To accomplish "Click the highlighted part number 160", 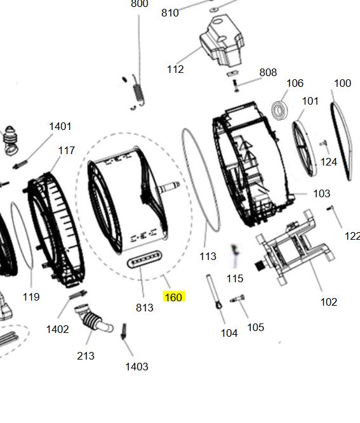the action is click(173, 297).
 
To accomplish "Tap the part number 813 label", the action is click(145, 308).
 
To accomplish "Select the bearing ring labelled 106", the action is click(279, 110).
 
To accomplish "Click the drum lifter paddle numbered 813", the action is click(144, 259).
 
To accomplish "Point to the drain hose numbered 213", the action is click(93, 320).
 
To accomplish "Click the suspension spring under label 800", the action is click(138, 92).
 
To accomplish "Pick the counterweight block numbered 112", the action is click(222, 41).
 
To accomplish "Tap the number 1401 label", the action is click(60, 126).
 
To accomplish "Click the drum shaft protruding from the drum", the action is click(170, 186).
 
